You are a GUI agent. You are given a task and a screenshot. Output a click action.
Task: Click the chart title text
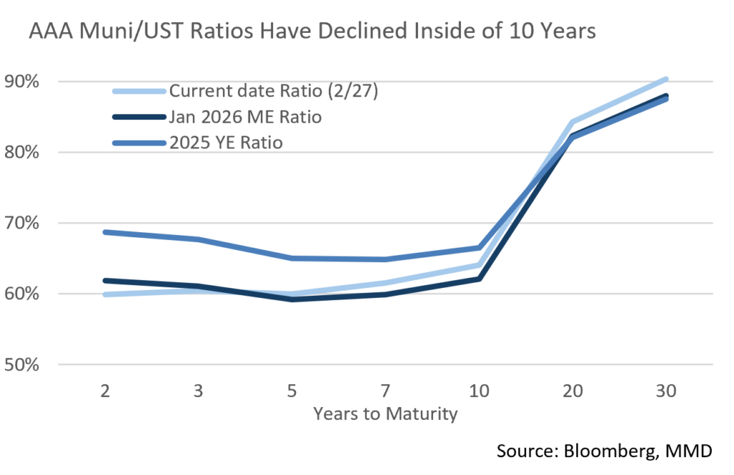pos(312,33)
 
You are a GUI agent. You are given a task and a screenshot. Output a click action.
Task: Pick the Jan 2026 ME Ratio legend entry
pos(245,117)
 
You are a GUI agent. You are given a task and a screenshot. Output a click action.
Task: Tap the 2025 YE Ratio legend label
pos(226,143)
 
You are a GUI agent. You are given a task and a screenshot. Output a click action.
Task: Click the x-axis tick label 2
pos(104,393)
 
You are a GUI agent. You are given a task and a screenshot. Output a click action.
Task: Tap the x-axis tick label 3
pos(198,393)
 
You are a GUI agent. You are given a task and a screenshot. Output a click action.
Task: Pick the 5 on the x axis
pos(292,393)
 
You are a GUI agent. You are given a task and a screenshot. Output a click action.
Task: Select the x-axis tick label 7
pos(386,393)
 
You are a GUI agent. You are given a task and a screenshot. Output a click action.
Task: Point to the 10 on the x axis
pos(479,393)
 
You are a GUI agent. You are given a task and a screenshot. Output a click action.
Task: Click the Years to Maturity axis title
pos(385,415)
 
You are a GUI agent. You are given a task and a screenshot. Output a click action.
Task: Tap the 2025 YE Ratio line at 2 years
pos(105,232)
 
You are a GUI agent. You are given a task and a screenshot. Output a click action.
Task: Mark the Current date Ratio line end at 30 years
pos(666,79)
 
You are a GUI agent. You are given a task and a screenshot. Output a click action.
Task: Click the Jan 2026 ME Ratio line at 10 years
pos(479,278)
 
